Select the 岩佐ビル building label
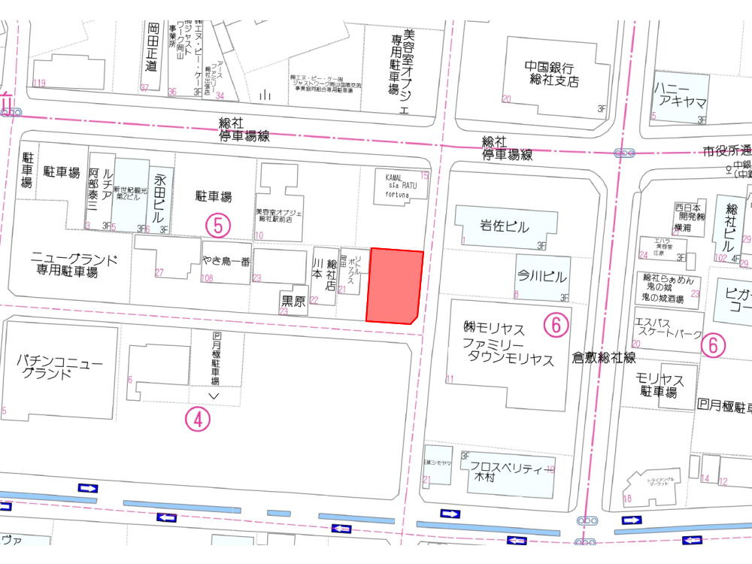[505, 226]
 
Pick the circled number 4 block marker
[197, 420]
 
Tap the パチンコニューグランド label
[59, 368]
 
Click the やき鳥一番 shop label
[226, 262]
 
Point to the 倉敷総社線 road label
[604, 358]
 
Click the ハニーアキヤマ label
[680, 96]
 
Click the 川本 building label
[317, 273]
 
